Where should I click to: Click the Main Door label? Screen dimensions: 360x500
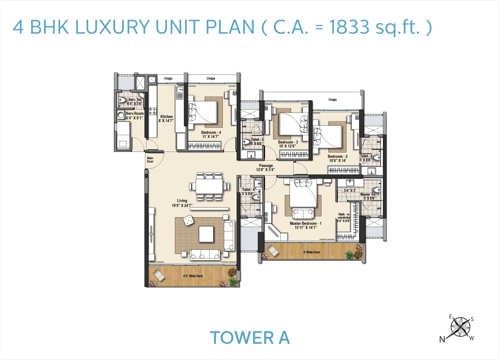pyautogui.click(x=150, y=159)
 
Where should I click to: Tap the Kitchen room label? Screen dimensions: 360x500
pyautogui.click(x=167, y=116)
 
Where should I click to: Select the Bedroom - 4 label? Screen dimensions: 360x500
pyautogui.click(x=211, y=133)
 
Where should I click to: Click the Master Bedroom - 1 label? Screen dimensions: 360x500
pyautogui.click(x=305, y=224)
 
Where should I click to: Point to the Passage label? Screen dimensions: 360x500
pyautogui.click(x=266, y=166)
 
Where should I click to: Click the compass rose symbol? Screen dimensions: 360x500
pyautogui.click(x=460, y=327)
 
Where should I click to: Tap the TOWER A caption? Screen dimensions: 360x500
pyautogui.click(x=250, y=337)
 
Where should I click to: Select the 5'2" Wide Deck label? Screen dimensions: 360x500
pyautogui.click(x=193, y=276)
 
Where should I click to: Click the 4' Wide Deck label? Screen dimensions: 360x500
pyautogui.click(x=312, y=252)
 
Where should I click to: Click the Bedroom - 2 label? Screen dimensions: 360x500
pyautogui.click(x=337, y=157)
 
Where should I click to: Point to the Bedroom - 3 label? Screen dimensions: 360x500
pyautogui.click(x=288, y=142)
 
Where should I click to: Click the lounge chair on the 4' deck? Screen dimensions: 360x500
pyautogui.click(x=273, y=250)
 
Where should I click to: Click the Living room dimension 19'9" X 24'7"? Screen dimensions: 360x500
pyautogui.click(x=182, y=205)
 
